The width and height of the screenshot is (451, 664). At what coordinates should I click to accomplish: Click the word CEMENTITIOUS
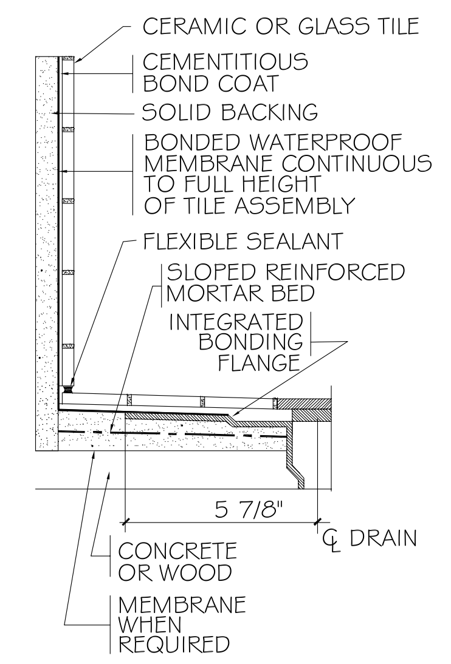(x=225, y=61)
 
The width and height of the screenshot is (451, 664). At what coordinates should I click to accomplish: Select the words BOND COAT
(x=209, y=83)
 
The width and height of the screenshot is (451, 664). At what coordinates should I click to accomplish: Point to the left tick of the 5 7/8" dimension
(x=125, y=521)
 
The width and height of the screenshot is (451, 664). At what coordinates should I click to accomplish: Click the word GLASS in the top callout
(x=329, y=26)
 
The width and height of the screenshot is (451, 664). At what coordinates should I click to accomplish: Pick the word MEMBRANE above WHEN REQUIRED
(x=182, y=605)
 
